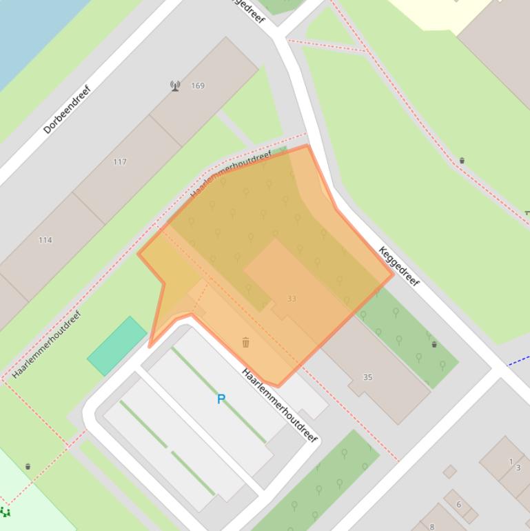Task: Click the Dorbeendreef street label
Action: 67,110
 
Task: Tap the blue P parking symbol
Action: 221,399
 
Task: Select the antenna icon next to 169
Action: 175,86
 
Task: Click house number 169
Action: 198,86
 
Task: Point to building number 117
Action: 120,162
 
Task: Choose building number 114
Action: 45,240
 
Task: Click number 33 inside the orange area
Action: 292,299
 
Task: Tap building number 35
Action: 367,377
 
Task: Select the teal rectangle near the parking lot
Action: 116,346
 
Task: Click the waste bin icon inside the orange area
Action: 245,342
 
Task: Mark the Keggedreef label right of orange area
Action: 399,266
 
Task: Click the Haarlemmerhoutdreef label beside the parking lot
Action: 279,405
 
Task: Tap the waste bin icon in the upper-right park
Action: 462,161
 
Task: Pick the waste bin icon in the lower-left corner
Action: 28,467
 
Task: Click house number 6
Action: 458,504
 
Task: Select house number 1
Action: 511,461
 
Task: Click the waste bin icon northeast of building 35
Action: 434,344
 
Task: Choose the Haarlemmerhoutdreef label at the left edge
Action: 47,345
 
